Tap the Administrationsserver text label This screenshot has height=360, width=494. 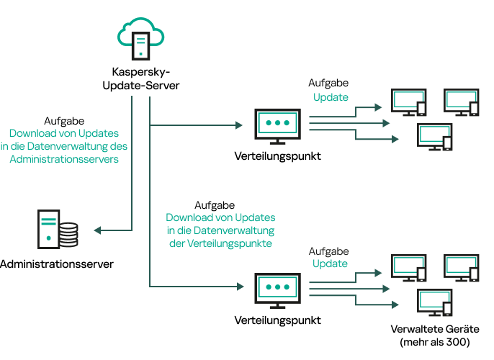coord(57,264)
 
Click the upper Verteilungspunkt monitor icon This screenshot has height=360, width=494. coord(277,126)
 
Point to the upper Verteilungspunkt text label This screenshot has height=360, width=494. coord(278,156)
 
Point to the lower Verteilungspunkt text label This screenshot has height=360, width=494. coord(278,320)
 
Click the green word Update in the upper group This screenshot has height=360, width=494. coord(330,97)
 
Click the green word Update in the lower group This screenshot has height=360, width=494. coord(330,264)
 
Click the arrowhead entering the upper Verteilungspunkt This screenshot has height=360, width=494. coord(239,125)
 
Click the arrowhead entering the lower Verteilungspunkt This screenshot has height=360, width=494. coord(239,287)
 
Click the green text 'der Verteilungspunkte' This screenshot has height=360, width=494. coord(220,243)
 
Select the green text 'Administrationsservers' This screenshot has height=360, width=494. coord(64,159)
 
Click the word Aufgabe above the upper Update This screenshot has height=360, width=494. coord(329,84)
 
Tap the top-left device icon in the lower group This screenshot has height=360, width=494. coord(408,269)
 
